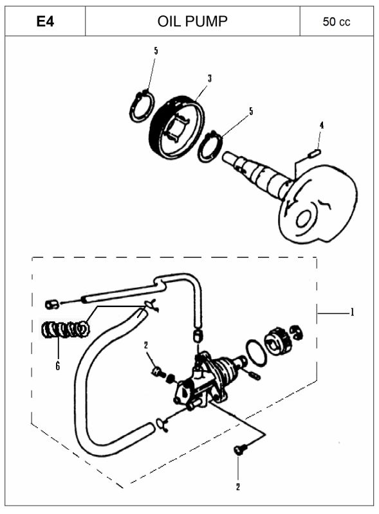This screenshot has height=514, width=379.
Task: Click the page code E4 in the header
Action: [x=45, y=22]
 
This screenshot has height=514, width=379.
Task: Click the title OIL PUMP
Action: [x=192, y=22]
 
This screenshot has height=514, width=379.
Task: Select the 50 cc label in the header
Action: [x=337, y=22]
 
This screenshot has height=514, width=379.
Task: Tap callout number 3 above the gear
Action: [x=210, y=78]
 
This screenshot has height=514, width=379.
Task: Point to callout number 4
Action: [x=322, y=125]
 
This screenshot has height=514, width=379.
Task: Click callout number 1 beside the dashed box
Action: [x=353, y=312]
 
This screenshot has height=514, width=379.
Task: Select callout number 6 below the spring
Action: [x=58, y=366]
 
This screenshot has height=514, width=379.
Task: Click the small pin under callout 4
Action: [x=314, y=152]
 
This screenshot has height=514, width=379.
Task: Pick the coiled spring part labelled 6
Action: [x=66, y=330]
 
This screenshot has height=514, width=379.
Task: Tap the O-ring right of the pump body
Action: [x=256, y=351]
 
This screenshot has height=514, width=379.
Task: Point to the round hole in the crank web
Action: [x=304, y=219]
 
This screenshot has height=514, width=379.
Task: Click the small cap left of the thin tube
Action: [x=52, y=304]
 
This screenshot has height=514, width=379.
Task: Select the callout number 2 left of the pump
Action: [x=146, y=345]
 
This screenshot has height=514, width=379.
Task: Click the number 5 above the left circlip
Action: [x=156, y=51]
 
